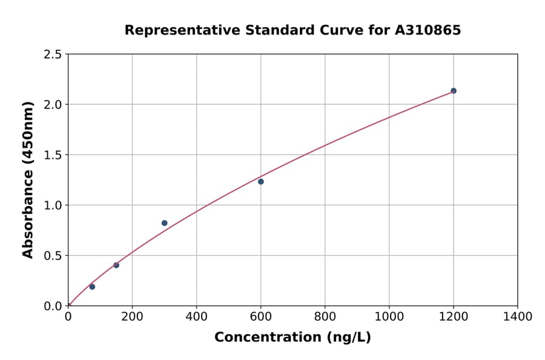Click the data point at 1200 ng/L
click(x=454, y=91)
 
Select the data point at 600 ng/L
click(x=261, y=182)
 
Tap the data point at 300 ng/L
click(x=165, y=223)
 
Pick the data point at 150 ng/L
click(x=116, y=265)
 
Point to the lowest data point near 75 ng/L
click(x=92, y=287)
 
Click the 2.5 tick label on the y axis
click(x=53, y=55)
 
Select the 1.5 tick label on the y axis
click(x=53, y=155)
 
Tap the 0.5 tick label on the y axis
click(x=53, y=256)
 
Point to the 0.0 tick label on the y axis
click(x=53, y=306)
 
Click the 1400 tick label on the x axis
click(x=518, y=316)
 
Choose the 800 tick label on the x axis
click(x=325, y=316)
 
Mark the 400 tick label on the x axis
click(x=196, y=316)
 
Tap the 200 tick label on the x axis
click(x=132, y=316)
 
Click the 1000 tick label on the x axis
click(x=389, y=316)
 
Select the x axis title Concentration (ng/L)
click(x=292, y=338)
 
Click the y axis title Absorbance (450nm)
click(x=28, y=180)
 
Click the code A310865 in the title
click(x=428, y=30)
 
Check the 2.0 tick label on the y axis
click(x=53, y=105)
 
